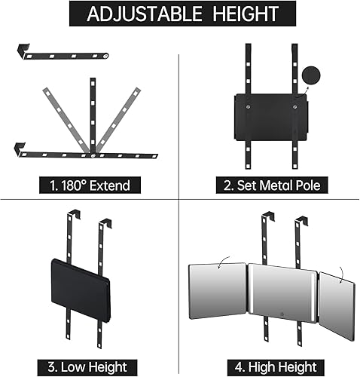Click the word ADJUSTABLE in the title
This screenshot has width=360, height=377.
145,14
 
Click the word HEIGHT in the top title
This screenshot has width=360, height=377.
246,14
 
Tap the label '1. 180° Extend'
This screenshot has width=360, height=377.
90,185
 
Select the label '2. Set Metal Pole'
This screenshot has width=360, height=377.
272,185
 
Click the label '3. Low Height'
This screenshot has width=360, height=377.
87,367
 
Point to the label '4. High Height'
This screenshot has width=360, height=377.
276,367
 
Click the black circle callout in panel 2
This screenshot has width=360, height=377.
311,75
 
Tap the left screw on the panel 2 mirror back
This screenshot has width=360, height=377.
248,107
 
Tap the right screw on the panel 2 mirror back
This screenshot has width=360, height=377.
294,107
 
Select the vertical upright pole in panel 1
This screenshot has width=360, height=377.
93,115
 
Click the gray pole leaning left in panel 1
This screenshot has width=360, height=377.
67,120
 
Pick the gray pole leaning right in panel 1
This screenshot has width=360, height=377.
118,120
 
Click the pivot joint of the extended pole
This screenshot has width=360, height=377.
93,155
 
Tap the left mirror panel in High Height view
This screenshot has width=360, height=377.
218,291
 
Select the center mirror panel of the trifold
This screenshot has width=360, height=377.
282,293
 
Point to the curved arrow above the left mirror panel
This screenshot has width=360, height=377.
223,262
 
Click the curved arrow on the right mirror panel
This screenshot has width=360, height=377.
340,275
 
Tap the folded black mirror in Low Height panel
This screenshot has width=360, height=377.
81,291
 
